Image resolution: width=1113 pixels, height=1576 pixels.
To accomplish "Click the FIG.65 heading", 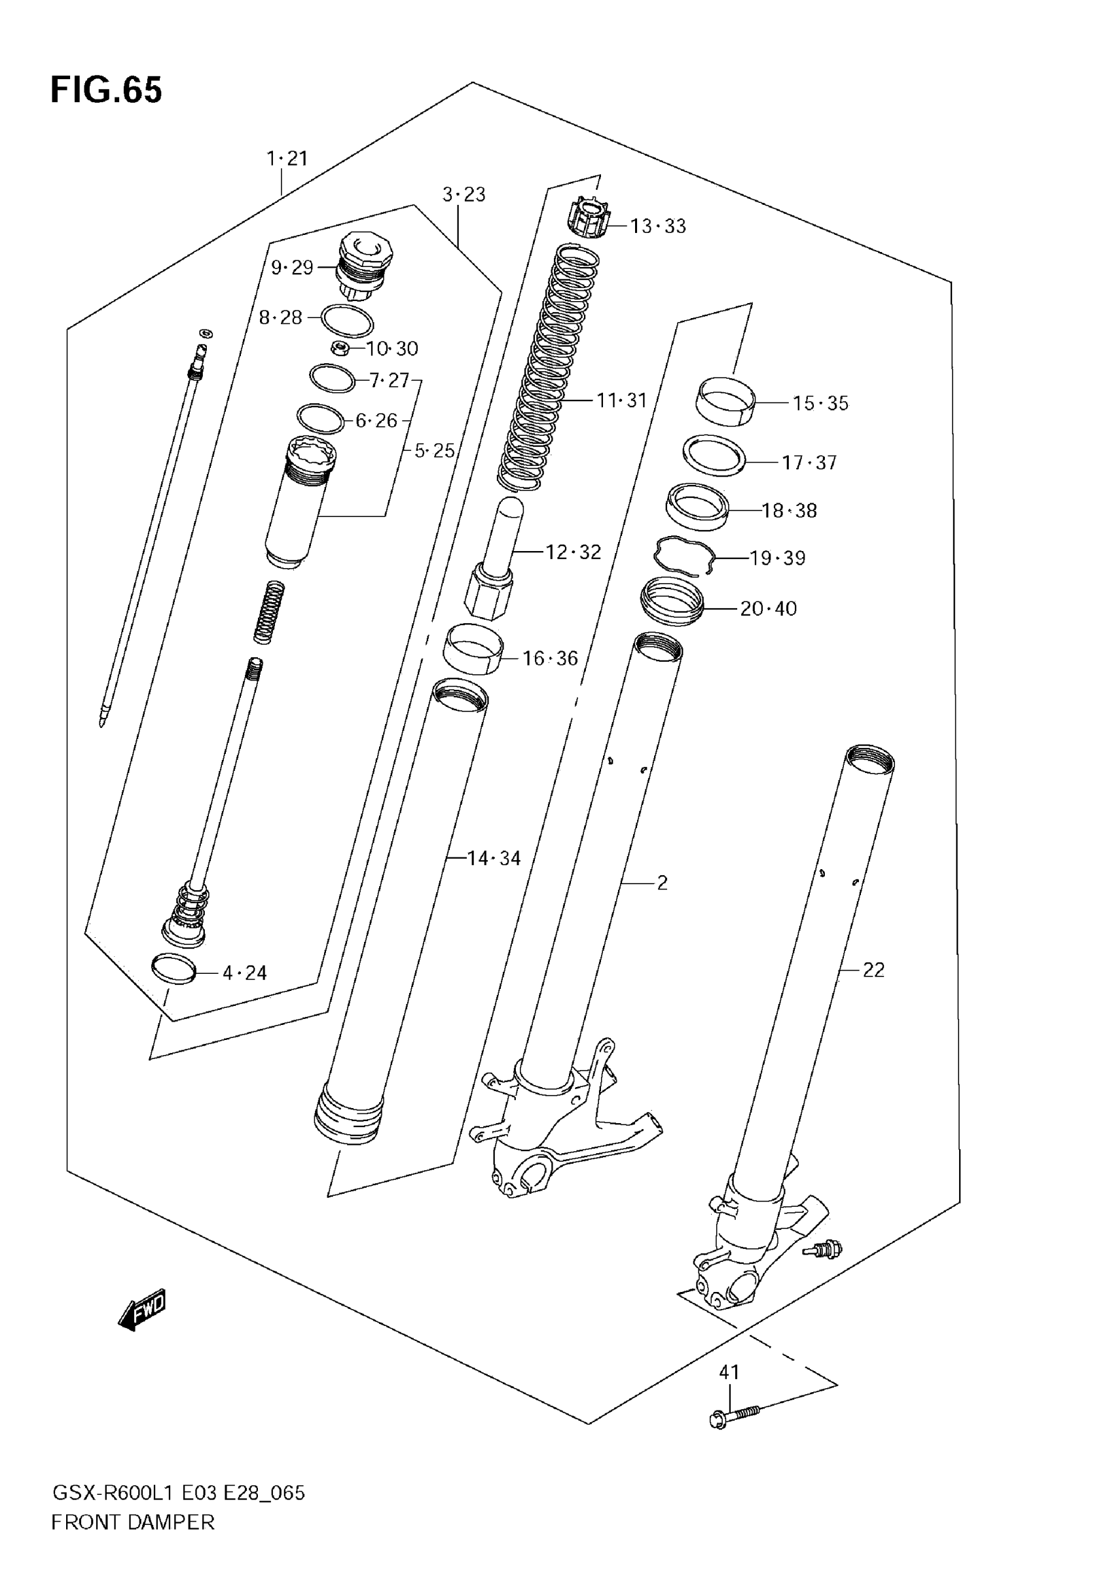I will pos(107,90).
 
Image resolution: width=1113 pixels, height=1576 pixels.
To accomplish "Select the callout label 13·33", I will pos(658,226).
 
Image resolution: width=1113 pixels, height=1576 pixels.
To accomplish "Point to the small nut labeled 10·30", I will pos(339,348).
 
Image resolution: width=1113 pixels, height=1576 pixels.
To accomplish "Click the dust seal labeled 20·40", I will pos(672,601).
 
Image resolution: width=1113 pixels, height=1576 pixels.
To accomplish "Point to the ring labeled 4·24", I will pos(173,969).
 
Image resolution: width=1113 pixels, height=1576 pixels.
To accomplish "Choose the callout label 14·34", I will pos(494,858).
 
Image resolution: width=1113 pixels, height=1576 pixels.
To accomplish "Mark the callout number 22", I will pos(873,970).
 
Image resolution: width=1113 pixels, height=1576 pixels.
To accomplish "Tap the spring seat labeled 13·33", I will pos(589,217).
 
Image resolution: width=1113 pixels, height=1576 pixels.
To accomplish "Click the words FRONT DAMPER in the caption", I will pos(132,1522).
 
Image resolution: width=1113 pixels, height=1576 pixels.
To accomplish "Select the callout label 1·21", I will pos(287,158).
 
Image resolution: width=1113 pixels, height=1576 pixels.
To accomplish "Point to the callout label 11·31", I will pos(621,399).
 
